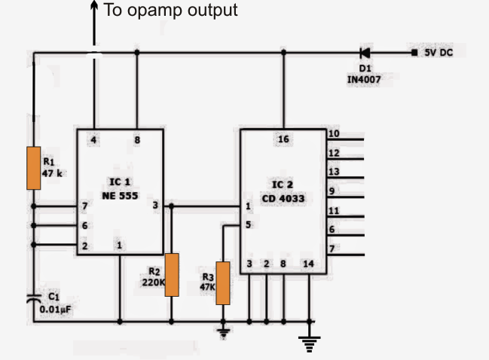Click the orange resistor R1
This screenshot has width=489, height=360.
pos(33,168)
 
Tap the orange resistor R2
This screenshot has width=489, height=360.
pos(172,275)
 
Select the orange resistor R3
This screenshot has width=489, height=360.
pos(222,282)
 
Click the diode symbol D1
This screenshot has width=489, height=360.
pos(365,53)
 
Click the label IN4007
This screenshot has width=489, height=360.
pos(364,78)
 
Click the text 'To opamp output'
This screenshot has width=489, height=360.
pos(170,11)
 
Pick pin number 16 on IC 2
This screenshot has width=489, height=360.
pos(283,139)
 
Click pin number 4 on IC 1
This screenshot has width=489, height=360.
pos(94,139)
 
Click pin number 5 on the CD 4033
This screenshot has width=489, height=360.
pos(248,223)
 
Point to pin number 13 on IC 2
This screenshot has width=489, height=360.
pos(334,172)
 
